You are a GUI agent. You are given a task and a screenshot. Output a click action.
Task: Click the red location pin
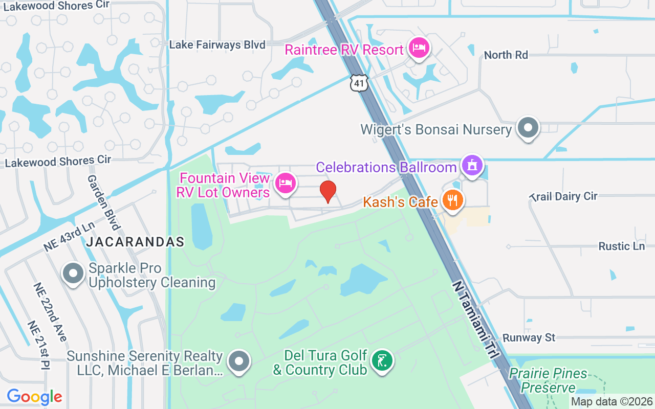click(x=327, y=192)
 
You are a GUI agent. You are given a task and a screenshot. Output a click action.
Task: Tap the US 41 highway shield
click(x=359, y=83)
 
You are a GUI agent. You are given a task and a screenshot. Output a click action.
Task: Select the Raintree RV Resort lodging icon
click(x=419, y=49)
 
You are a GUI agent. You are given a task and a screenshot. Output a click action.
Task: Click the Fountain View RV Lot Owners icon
click(x=285, y=184)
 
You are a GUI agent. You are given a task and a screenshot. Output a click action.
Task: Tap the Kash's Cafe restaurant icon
click(x=452, y=200)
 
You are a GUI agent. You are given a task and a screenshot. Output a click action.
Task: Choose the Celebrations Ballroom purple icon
click(x=472, y=165)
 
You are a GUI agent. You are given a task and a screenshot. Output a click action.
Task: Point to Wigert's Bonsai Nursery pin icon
click(x=528, y=127)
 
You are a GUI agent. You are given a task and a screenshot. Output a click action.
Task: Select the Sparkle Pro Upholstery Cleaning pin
click(x=73, y=273)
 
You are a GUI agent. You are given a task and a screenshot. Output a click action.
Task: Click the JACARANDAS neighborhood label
click(x=135, y=242)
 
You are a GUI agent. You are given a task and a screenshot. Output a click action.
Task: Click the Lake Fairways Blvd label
click(x=217, y=45)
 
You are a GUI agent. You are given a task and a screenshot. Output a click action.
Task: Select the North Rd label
click(x=506, y=55)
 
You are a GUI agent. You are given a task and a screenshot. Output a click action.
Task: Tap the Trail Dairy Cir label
click(x=564, y=196)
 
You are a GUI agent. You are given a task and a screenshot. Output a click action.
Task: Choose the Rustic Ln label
click(x=621, y=246)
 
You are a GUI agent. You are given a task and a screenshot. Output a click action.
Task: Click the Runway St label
click(x=529, y=338)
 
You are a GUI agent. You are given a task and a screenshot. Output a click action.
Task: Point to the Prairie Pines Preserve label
click(x=548, y=380)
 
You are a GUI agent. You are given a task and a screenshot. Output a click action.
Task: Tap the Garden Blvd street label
click(x=104, y=202)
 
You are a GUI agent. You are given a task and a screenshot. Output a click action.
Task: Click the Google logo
click(x=34, y=397)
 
